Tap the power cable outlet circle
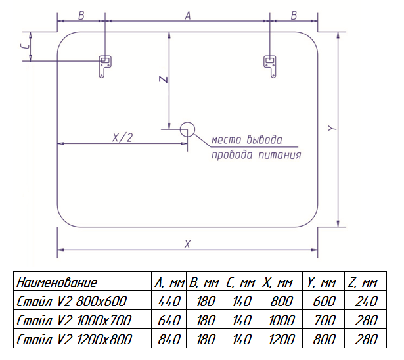coord(187,129)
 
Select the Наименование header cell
coord(57,283)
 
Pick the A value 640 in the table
coord(168,321)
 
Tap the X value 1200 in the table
coord(278,340)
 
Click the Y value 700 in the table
coord(322,321)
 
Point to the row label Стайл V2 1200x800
coord(74,340)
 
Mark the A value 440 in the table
coord(168,302)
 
